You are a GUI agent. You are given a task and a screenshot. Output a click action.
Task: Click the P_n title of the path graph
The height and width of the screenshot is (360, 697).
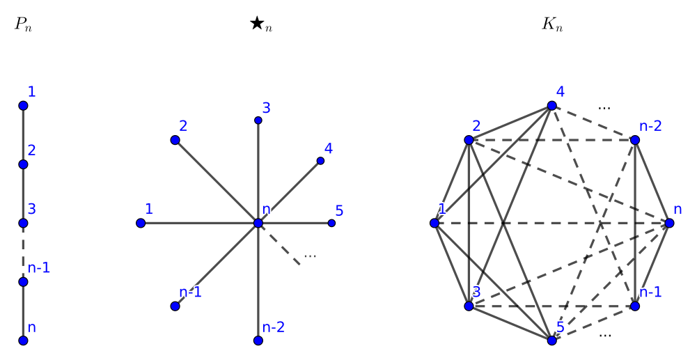tap(23, 24)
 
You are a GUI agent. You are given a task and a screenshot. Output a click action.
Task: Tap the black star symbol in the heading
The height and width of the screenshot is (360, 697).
tap(257, 23)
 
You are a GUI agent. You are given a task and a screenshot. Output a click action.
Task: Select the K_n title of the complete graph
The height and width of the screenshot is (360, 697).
tap(552, 24)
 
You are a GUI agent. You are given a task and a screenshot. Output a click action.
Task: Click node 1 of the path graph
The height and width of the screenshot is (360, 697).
tap(23, 105)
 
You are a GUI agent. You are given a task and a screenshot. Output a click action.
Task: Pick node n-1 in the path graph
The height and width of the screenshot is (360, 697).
tap(23, 282)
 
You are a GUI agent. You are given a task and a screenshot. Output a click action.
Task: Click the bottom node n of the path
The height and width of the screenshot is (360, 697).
tap(23, 341)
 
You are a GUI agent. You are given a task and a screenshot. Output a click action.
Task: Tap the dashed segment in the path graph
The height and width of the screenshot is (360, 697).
tap(23, 253)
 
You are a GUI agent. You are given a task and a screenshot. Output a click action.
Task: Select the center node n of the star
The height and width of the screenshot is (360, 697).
tap(258, 223)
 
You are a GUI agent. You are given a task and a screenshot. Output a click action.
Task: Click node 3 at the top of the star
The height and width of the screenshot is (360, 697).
tap(258, 120)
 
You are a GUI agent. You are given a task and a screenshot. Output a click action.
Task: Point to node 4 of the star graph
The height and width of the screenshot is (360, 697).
tap(320, 161)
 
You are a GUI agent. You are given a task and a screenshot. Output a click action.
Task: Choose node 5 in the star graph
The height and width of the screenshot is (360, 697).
tap(331, 223)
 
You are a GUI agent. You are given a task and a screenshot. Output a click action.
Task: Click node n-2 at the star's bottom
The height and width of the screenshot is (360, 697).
tap(258, 341)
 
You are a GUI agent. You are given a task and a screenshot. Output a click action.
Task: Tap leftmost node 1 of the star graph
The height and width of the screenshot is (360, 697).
tap(141, 223)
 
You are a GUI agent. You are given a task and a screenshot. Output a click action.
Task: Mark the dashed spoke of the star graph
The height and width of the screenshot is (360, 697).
tap(281, 246)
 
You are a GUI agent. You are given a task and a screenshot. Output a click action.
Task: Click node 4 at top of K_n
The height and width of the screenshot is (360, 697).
tap(551, 105)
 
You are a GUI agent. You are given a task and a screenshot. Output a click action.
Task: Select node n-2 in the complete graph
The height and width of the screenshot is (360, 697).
tap(635, 140)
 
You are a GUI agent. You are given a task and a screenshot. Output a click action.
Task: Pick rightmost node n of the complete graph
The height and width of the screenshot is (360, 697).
tap(669, 223)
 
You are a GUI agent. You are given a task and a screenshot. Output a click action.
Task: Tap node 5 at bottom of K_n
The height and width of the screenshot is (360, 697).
tap(551, 341)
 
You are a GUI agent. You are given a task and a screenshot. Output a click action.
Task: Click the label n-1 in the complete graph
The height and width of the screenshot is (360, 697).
tap(650, 292)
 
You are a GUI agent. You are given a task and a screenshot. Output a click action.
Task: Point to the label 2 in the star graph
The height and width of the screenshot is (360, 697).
tap(183, 126)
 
